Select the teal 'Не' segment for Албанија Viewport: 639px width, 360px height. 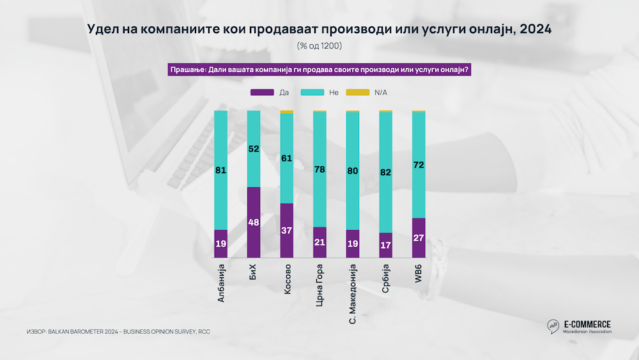point(220,169)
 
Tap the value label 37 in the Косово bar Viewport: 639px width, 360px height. point(287,231)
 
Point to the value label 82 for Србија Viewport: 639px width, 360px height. point(385,172)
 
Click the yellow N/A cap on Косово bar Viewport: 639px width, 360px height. point(287,112)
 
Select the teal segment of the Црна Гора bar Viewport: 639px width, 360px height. point(319,169)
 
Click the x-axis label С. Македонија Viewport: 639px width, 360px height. point(353,295)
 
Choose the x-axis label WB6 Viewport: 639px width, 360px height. point(419,272)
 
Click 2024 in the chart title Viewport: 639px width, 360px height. point(535,29)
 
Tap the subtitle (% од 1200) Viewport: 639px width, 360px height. point(319,46)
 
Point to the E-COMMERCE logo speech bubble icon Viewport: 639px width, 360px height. point(552,327)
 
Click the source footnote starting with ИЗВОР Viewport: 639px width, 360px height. point(118,332)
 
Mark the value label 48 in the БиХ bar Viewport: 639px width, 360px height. point(254,223)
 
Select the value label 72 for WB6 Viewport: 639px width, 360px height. point(419,165)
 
